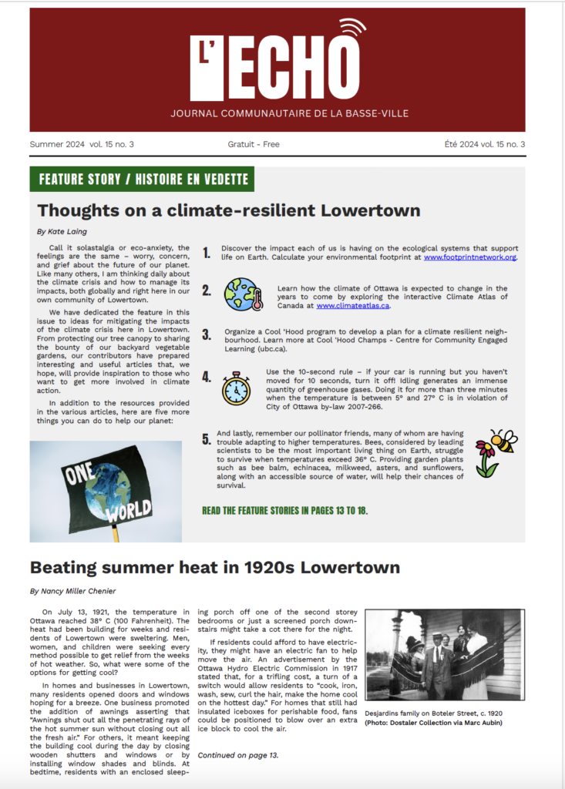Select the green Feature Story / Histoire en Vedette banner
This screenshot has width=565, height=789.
point(143,180)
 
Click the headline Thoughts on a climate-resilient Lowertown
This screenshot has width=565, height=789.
point(229,210)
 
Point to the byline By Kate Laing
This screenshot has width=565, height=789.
point(62,231)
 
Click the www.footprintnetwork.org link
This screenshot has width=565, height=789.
point(469,257)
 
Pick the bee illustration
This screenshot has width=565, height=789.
point(503,442)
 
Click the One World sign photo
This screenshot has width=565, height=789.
point(106,492)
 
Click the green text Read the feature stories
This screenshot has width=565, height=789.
point(284,510)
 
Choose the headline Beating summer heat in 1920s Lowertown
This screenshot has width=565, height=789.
point(215,568)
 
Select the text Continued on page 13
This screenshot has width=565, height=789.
point(237,755)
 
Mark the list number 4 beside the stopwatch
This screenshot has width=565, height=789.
point(206,377)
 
